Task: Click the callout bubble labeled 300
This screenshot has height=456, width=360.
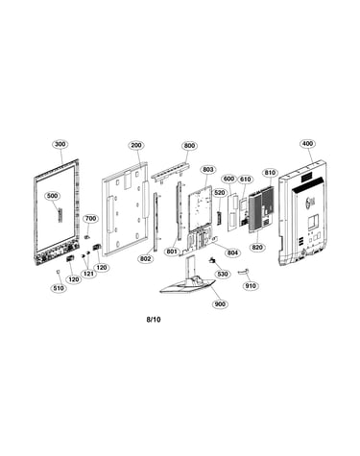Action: pyautogui.click(x=60, y=144)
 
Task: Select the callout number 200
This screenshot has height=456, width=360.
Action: pyautogui.click(x=136, y=145)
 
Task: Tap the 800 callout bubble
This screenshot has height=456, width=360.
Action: pyautogui.click(x=189, y=146)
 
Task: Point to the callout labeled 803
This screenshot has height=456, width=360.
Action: pyautogui.click(x=207, y=169)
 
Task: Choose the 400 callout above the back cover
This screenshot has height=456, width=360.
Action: pyautogui.click(x=307, y=144)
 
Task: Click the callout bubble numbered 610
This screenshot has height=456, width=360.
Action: pyautogui.click(x=246, y=180)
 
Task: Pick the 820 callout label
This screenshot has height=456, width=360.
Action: pyautogui.click(x=257, y=247)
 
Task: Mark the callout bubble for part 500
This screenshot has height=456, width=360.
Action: pyautogui.click(x=52, y=196)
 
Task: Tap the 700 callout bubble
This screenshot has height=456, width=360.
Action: pyautogui.click(x=90, y=219)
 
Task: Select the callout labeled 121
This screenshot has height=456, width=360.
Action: pyautogui.click(x=88, y=274)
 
